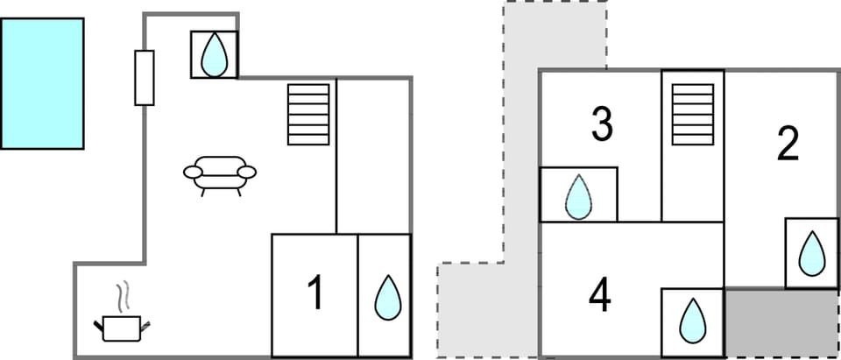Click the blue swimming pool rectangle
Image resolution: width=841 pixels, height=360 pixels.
click(42, 83)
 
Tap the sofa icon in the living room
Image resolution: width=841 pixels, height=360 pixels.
click(220, 173)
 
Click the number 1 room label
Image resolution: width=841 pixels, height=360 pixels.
click(315, 293)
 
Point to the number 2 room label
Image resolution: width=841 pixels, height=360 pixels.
click(788, 145)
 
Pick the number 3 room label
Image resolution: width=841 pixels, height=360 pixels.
click(601, 124)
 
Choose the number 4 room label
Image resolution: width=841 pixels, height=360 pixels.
click(600, 295)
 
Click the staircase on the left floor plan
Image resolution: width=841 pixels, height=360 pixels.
click(309, 114)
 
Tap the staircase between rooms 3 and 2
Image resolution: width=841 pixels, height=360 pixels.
click(692, 114)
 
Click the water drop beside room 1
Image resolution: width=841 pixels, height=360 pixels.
click(387, 298)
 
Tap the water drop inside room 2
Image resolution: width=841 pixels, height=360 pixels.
click(812, 253)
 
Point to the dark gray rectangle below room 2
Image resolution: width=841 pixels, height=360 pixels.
click(781, 321)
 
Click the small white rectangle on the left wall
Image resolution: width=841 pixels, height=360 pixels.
click(145, 78)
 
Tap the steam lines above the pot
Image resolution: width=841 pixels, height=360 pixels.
click(124, 296)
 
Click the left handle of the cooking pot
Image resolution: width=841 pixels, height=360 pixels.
click(99, 327)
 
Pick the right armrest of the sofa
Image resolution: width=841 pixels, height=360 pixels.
click(247, 172)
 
